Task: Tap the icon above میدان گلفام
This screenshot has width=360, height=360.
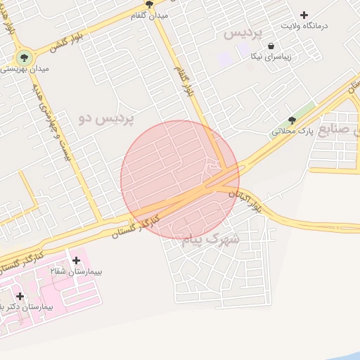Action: [149, 4]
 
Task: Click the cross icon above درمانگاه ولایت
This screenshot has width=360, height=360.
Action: [304, 15]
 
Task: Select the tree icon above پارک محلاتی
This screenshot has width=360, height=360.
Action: [292, 120]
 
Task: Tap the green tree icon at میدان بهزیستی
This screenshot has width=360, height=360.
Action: [24, 57]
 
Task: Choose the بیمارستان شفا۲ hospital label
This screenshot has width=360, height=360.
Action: [76, 271]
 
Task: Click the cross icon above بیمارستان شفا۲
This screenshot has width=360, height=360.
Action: [76, 261]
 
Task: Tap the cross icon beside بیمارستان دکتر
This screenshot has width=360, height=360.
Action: [20, 296]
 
